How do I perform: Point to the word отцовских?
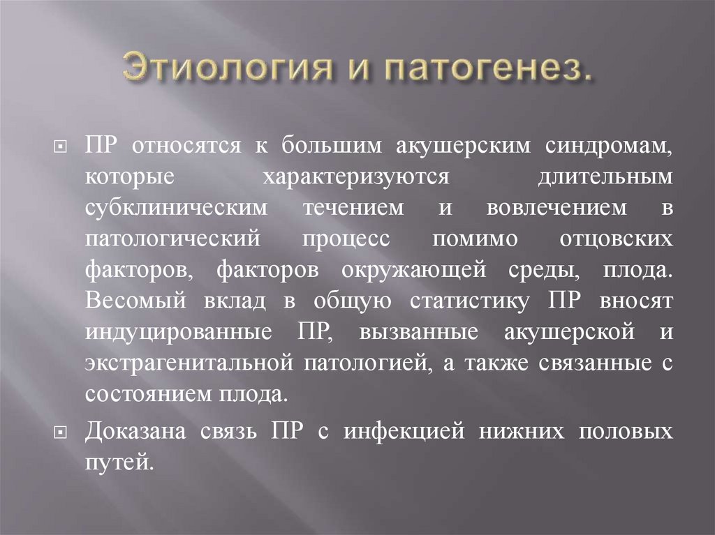point(617,239)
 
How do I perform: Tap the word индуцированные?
point(179,331)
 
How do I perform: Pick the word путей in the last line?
point(116,462)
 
